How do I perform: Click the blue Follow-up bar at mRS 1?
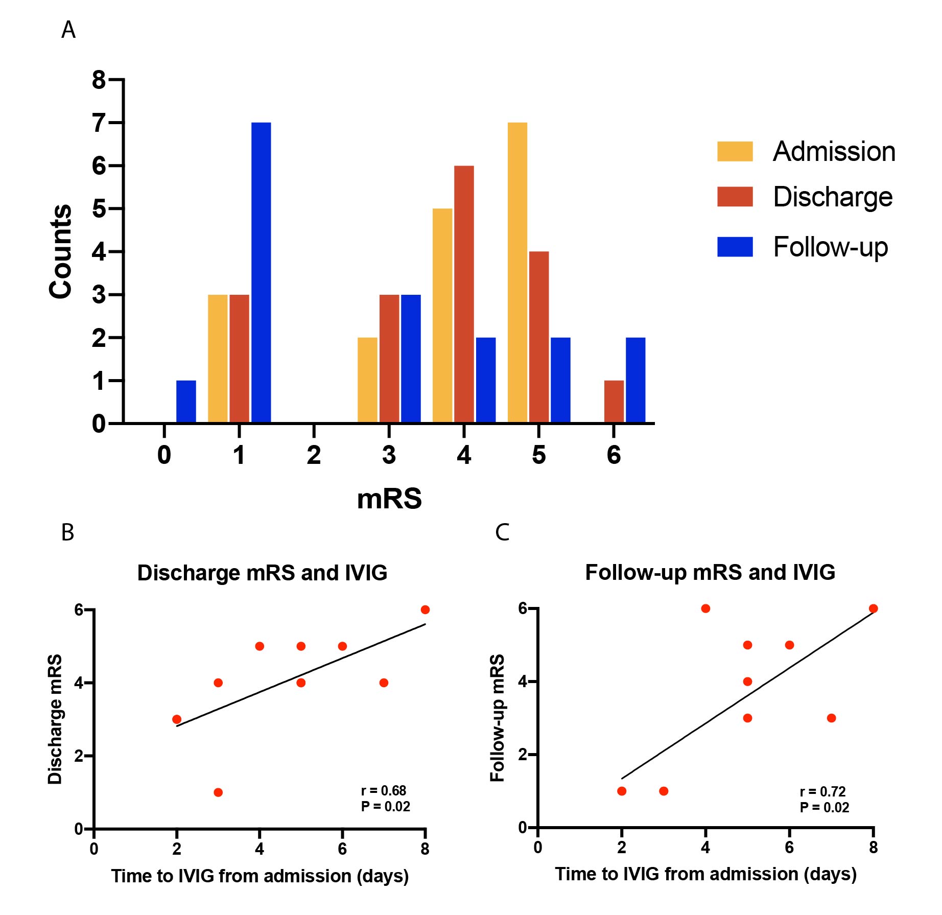coord(261,272)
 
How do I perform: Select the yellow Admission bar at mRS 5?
coord(517,272)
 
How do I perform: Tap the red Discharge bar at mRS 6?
coord(614,402)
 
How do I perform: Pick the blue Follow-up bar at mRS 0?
coord(186,402)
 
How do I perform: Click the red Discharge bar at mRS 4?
coord(464,294)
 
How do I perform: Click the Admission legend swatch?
coord(735,151)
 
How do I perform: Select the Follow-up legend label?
coord(830,247)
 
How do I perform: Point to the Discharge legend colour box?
coord(735,197)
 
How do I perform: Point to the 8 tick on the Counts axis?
coord(99,80)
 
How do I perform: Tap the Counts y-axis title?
coord(60,251)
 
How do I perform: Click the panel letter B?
coord(67,532)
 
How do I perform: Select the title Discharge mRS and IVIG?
coord(262,573)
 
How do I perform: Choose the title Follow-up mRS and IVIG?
coord(710,572)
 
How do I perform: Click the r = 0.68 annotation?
coord(383,791)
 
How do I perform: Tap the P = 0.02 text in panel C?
coord(824,808)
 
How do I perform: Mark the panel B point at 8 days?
coord(425,609)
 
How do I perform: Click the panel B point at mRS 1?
coord(218,792)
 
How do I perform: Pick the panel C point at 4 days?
coord(705,608)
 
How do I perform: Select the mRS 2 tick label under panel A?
coord(314,455)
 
